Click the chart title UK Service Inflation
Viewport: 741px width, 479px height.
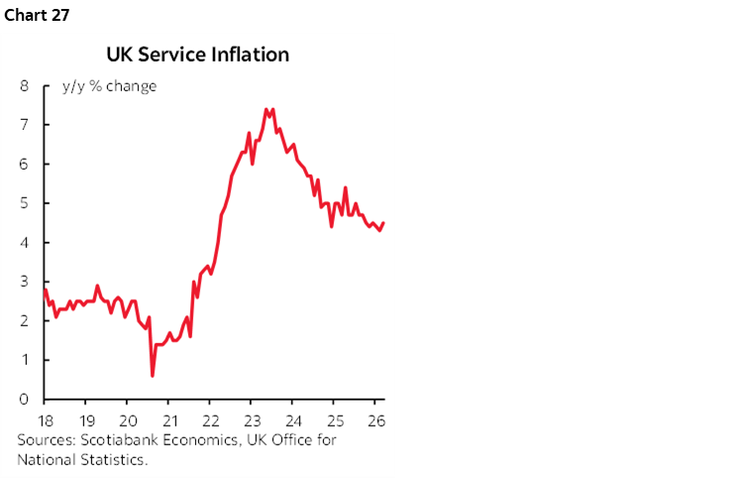pyautogui.click(x=197, y=55)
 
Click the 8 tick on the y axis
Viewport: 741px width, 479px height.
pyautogui.click(x=24, y=85)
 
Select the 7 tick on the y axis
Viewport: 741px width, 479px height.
pyautogui.click(x=24, y=125)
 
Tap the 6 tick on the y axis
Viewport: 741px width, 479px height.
pyautogui.click(x=24, y=164)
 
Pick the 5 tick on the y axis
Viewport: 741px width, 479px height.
pyautogui.click(x=24, y=203)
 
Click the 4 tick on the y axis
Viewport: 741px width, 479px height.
pyautogui.click(x=24, y=242)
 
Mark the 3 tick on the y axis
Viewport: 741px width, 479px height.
pyautogui.click(x=24, y=282)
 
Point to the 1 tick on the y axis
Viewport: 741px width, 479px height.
pyautogui.click(x=24, y=360)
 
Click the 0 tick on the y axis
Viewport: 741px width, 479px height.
pyautogui.click(x=24, y=399)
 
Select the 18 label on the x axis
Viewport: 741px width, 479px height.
pyautogui.click(x=46, y=419)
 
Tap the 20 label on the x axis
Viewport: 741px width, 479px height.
pyautogui.click(x=128, y=419)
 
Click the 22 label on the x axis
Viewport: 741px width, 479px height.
pyautogui.click(x=210, y=419)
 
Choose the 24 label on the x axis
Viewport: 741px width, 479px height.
pyautogui.click(x=293, y=419)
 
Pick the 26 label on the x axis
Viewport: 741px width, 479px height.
pyautogui.click(x=375, y=419)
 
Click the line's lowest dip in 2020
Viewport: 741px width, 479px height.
pyautogui.click(x=152, y=375)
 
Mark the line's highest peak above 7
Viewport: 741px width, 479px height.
pyautogui.click(x=267, y=109)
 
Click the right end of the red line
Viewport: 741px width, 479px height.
pyautogui.click(x=383, y=223)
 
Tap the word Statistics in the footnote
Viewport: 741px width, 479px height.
pyautogui.click(x=113, y=459)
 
